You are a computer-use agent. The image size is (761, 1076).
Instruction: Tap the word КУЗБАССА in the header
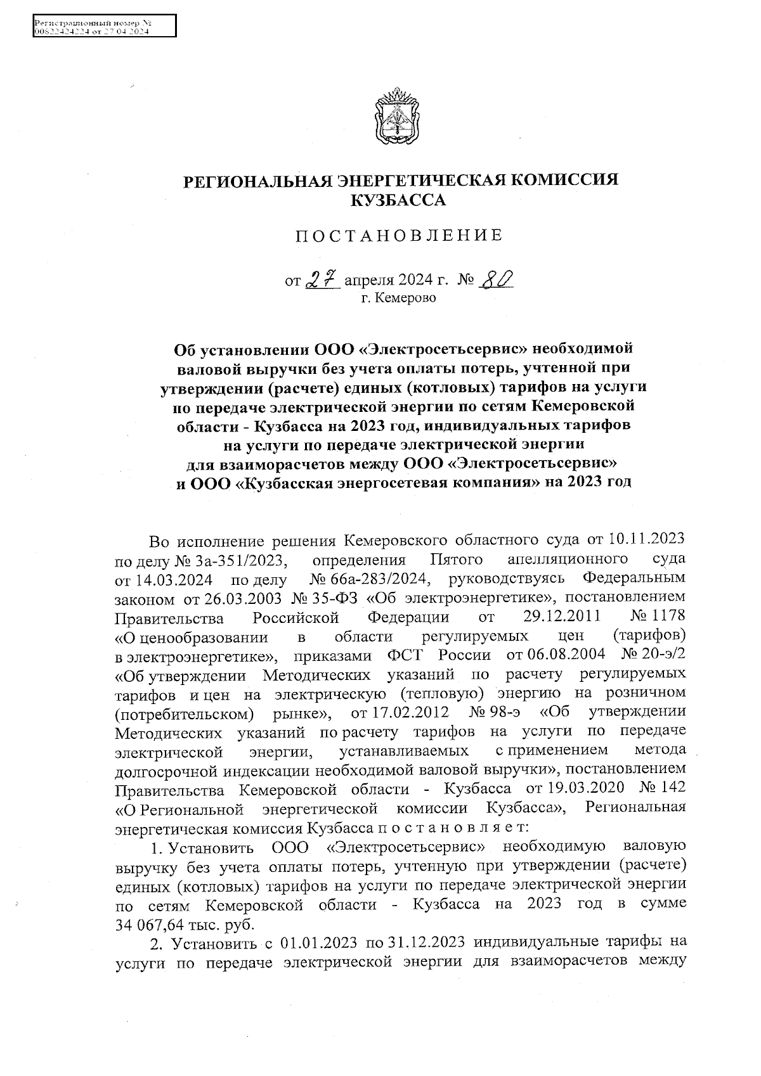(398, 201)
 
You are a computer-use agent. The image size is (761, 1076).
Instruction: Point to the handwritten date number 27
(323, 279)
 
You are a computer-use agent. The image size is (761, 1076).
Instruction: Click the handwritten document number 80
(497, 279)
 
